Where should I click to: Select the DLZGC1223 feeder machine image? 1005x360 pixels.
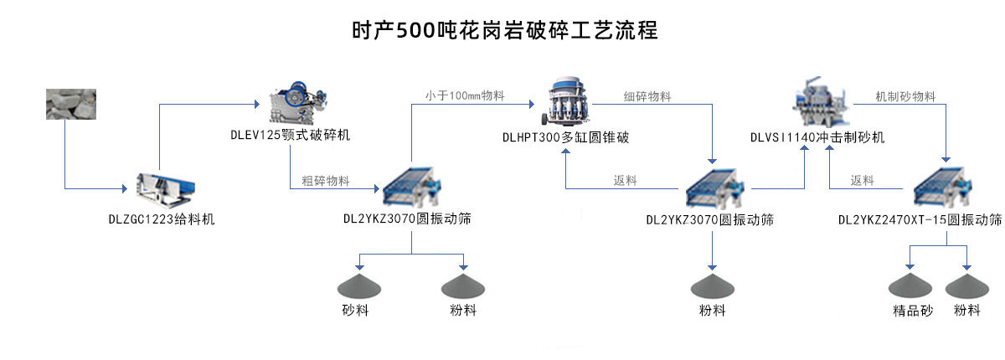[x=167, y=189]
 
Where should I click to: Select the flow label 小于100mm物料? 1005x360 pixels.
[x=464, y=95]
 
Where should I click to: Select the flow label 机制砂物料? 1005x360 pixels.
[x=905, y=96]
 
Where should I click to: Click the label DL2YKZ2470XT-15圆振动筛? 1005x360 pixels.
[x=920, y=220]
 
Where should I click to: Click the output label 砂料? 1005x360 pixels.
[x=355, y=311]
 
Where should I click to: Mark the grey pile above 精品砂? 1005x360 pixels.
[x=912, y=285]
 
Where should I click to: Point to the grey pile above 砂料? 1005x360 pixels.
[x=358, y=285]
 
